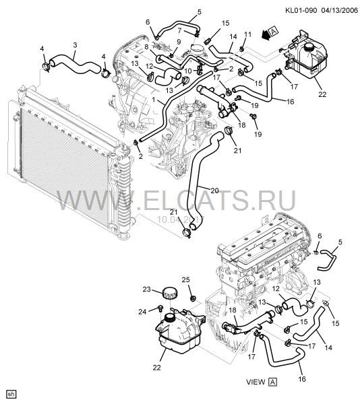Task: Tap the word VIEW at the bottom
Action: (255, 382)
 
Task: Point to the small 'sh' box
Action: (10, 393)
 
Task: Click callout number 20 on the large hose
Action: (214, 190)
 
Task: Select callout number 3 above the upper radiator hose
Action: (74, 44)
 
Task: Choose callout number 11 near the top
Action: (247, 34)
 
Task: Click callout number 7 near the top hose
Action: (180, 31)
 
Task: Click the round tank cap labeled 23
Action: (169, 294)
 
